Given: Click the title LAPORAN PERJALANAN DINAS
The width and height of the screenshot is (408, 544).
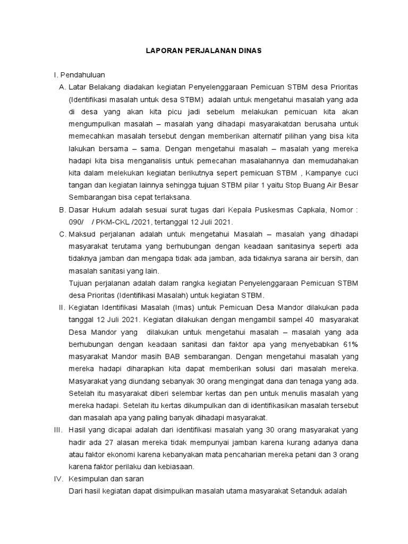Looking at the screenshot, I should point(205,52).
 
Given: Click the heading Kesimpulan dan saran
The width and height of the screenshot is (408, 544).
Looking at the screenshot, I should point(110,479).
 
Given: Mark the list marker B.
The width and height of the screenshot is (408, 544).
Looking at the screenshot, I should point(62,210).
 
